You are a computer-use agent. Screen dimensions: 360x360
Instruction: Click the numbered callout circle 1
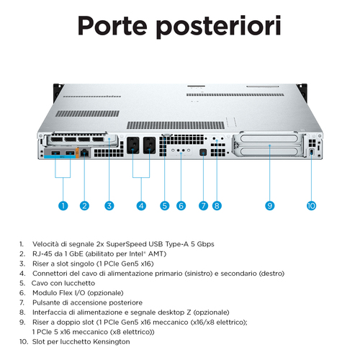point(63,205)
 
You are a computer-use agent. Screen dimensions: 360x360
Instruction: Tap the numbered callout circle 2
point(84,205)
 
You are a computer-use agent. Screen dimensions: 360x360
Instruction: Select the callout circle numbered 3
point(109,205)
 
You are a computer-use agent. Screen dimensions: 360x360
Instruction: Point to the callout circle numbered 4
point(141,205)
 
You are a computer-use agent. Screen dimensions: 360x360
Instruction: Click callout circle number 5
point(165,205)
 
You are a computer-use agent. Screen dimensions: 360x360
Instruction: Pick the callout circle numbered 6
point(181,205)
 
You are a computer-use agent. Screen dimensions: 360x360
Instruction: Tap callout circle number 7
point(203,205)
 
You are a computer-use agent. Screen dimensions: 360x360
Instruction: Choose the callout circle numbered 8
point(216,205)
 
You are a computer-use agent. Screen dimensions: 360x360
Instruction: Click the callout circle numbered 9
point(270,205)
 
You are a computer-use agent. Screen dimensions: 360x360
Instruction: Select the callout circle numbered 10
point(311,205)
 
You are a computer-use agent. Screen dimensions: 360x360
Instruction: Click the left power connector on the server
point(134,144)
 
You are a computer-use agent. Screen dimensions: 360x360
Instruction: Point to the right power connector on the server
point(149,144)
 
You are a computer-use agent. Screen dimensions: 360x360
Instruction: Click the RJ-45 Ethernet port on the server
point(85,153)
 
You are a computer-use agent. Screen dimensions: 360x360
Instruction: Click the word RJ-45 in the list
point(42,253)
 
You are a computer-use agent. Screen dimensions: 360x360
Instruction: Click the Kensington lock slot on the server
point(311,153)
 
